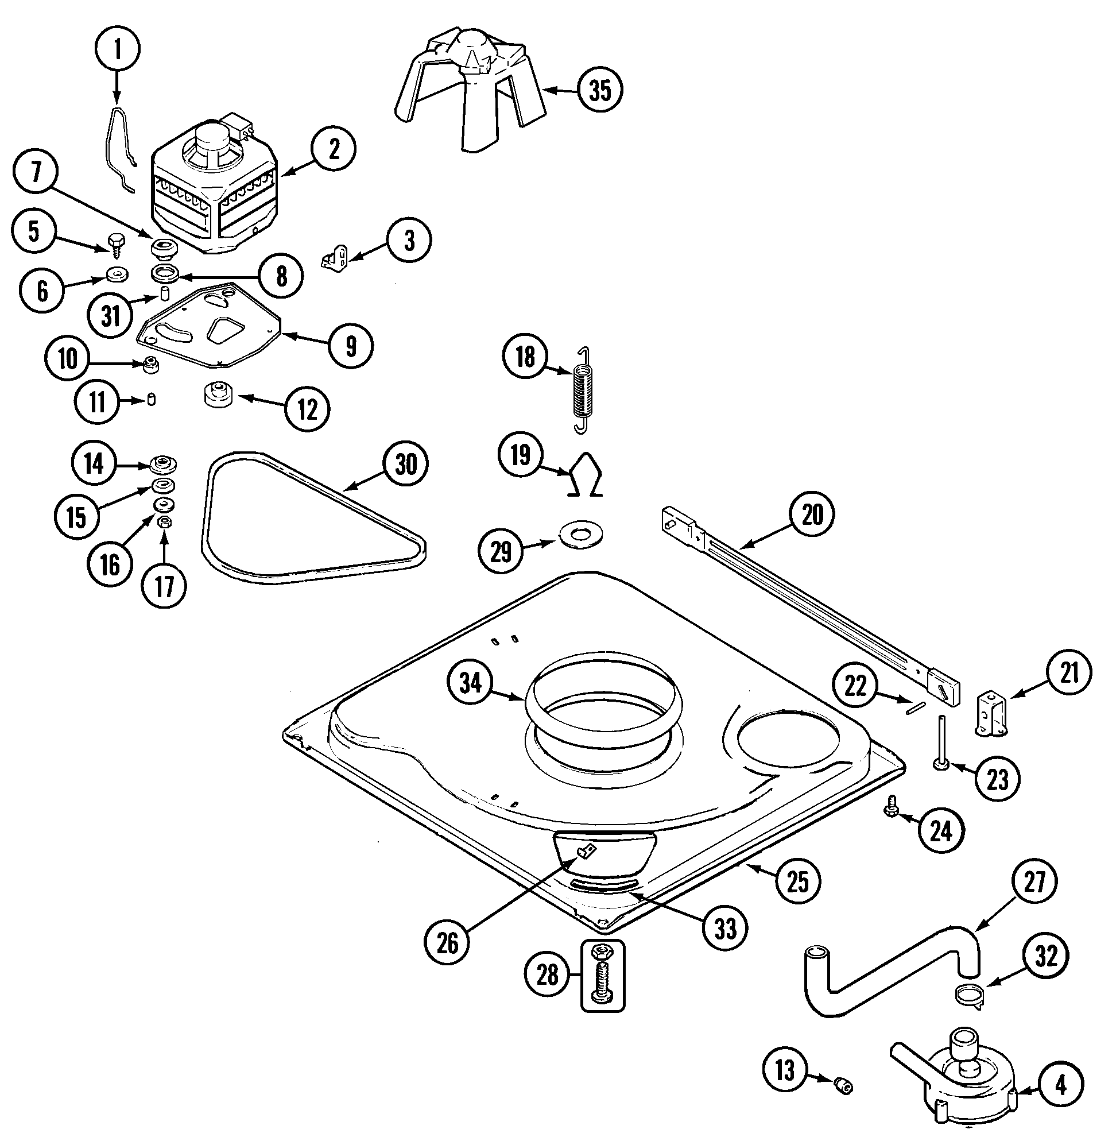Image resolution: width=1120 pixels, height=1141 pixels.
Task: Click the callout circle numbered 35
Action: point(599,90)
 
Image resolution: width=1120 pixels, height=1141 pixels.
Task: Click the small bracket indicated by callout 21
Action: point(993,714)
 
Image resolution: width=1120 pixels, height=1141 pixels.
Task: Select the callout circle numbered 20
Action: point(812,516)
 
